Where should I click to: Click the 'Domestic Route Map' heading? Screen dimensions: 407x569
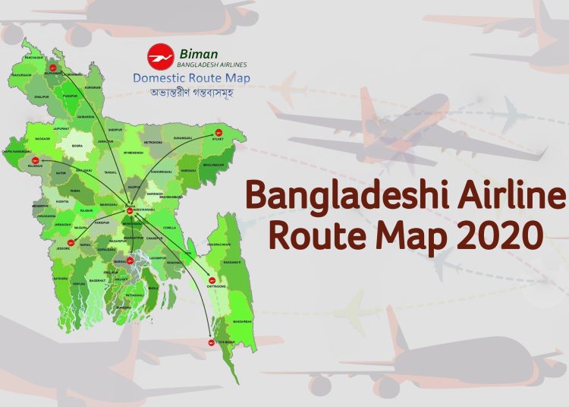[191, 77]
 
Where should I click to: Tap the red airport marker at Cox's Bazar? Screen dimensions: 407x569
[211, 343]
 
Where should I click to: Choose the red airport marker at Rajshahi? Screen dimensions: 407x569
[36, 159]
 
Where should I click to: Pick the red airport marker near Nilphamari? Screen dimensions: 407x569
[52, 68]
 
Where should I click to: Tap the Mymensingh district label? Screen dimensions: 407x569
[134, 152]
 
